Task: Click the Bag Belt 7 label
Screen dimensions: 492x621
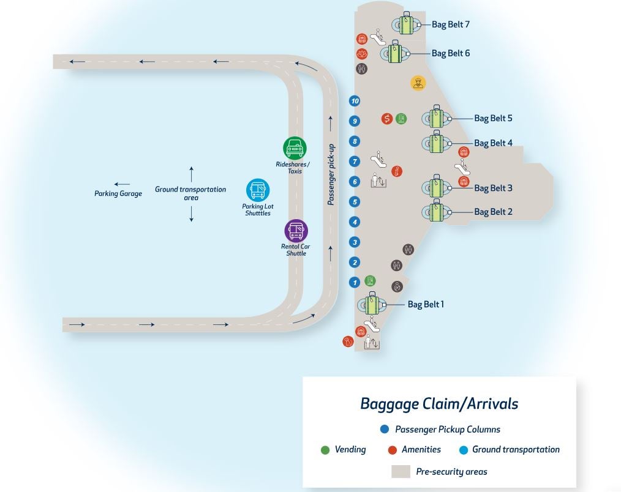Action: coord(451,24)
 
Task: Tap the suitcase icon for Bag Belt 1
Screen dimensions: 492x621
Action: coord(371,304)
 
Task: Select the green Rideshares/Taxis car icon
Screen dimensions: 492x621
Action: coord(295,148)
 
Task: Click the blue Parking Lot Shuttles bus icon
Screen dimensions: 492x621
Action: coord(258,190)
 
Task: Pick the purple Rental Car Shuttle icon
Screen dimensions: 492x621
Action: coord(296,231)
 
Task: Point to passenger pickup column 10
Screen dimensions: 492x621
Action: coord(355,101)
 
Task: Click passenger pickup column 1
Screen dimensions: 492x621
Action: coord(355,283)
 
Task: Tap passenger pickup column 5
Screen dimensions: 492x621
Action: coord(355,202)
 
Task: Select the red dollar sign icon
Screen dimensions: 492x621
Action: coord(387,119)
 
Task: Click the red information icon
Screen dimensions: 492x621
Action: coord(397,171)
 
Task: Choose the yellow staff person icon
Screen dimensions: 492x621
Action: coord(418,83)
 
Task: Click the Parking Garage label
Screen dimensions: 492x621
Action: coord(118,193)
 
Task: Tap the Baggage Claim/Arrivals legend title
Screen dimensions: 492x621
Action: coord(439,404)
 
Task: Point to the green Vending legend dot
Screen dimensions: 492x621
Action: coord(325,450)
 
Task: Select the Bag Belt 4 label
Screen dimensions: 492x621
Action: coord(493,143)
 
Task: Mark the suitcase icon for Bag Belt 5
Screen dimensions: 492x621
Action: coord(436,117)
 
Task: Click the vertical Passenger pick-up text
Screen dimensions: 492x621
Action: coord(331,174)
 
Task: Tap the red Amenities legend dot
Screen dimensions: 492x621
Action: coord(393,450)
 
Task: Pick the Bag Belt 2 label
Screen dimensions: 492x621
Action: coord(493,212)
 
